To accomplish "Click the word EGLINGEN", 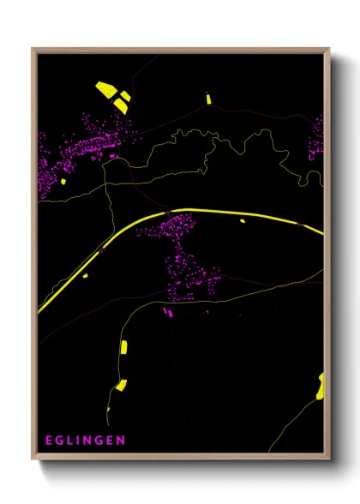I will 84,441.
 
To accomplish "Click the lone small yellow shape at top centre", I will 208,99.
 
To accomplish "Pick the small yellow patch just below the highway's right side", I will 242,220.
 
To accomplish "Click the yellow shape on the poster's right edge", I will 321,387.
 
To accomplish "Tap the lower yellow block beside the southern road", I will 121,385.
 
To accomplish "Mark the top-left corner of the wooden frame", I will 33,49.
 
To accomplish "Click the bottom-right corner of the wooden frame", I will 328,459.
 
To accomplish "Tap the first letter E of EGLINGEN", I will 50,441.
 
